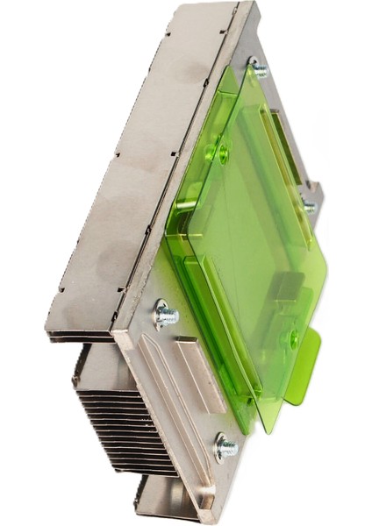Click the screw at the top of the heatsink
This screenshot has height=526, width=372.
tap(259, 68)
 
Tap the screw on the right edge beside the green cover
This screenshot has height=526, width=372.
tap(309, 207)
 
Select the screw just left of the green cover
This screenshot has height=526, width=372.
tap(164, 314)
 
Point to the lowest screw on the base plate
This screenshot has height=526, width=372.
tap(225, 447)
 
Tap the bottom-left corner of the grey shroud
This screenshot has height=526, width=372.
tap(48, 331)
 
